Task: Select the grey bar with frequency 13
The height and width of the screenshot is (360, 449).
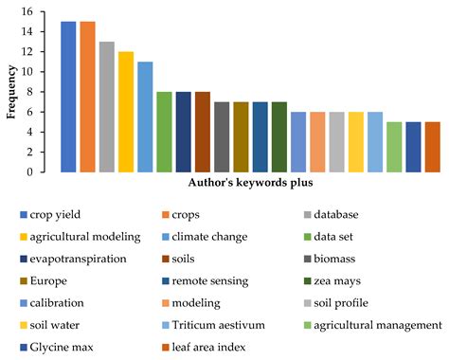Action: [x=106, y=107]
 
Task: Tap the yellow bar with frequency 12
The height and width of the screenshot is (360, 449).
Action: [x=126, y=112]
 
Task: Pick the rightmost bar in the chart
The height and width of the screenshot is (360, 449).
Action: [x=432, y=147]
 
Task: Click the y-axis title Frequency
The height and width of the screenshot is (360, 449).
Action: [x=11, y=92]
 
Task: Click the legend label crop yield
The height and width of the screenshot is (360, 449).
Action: [x=65, y=213]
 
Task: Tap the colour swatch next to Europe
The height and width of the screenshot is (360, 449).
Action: [x=23, y=279]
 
